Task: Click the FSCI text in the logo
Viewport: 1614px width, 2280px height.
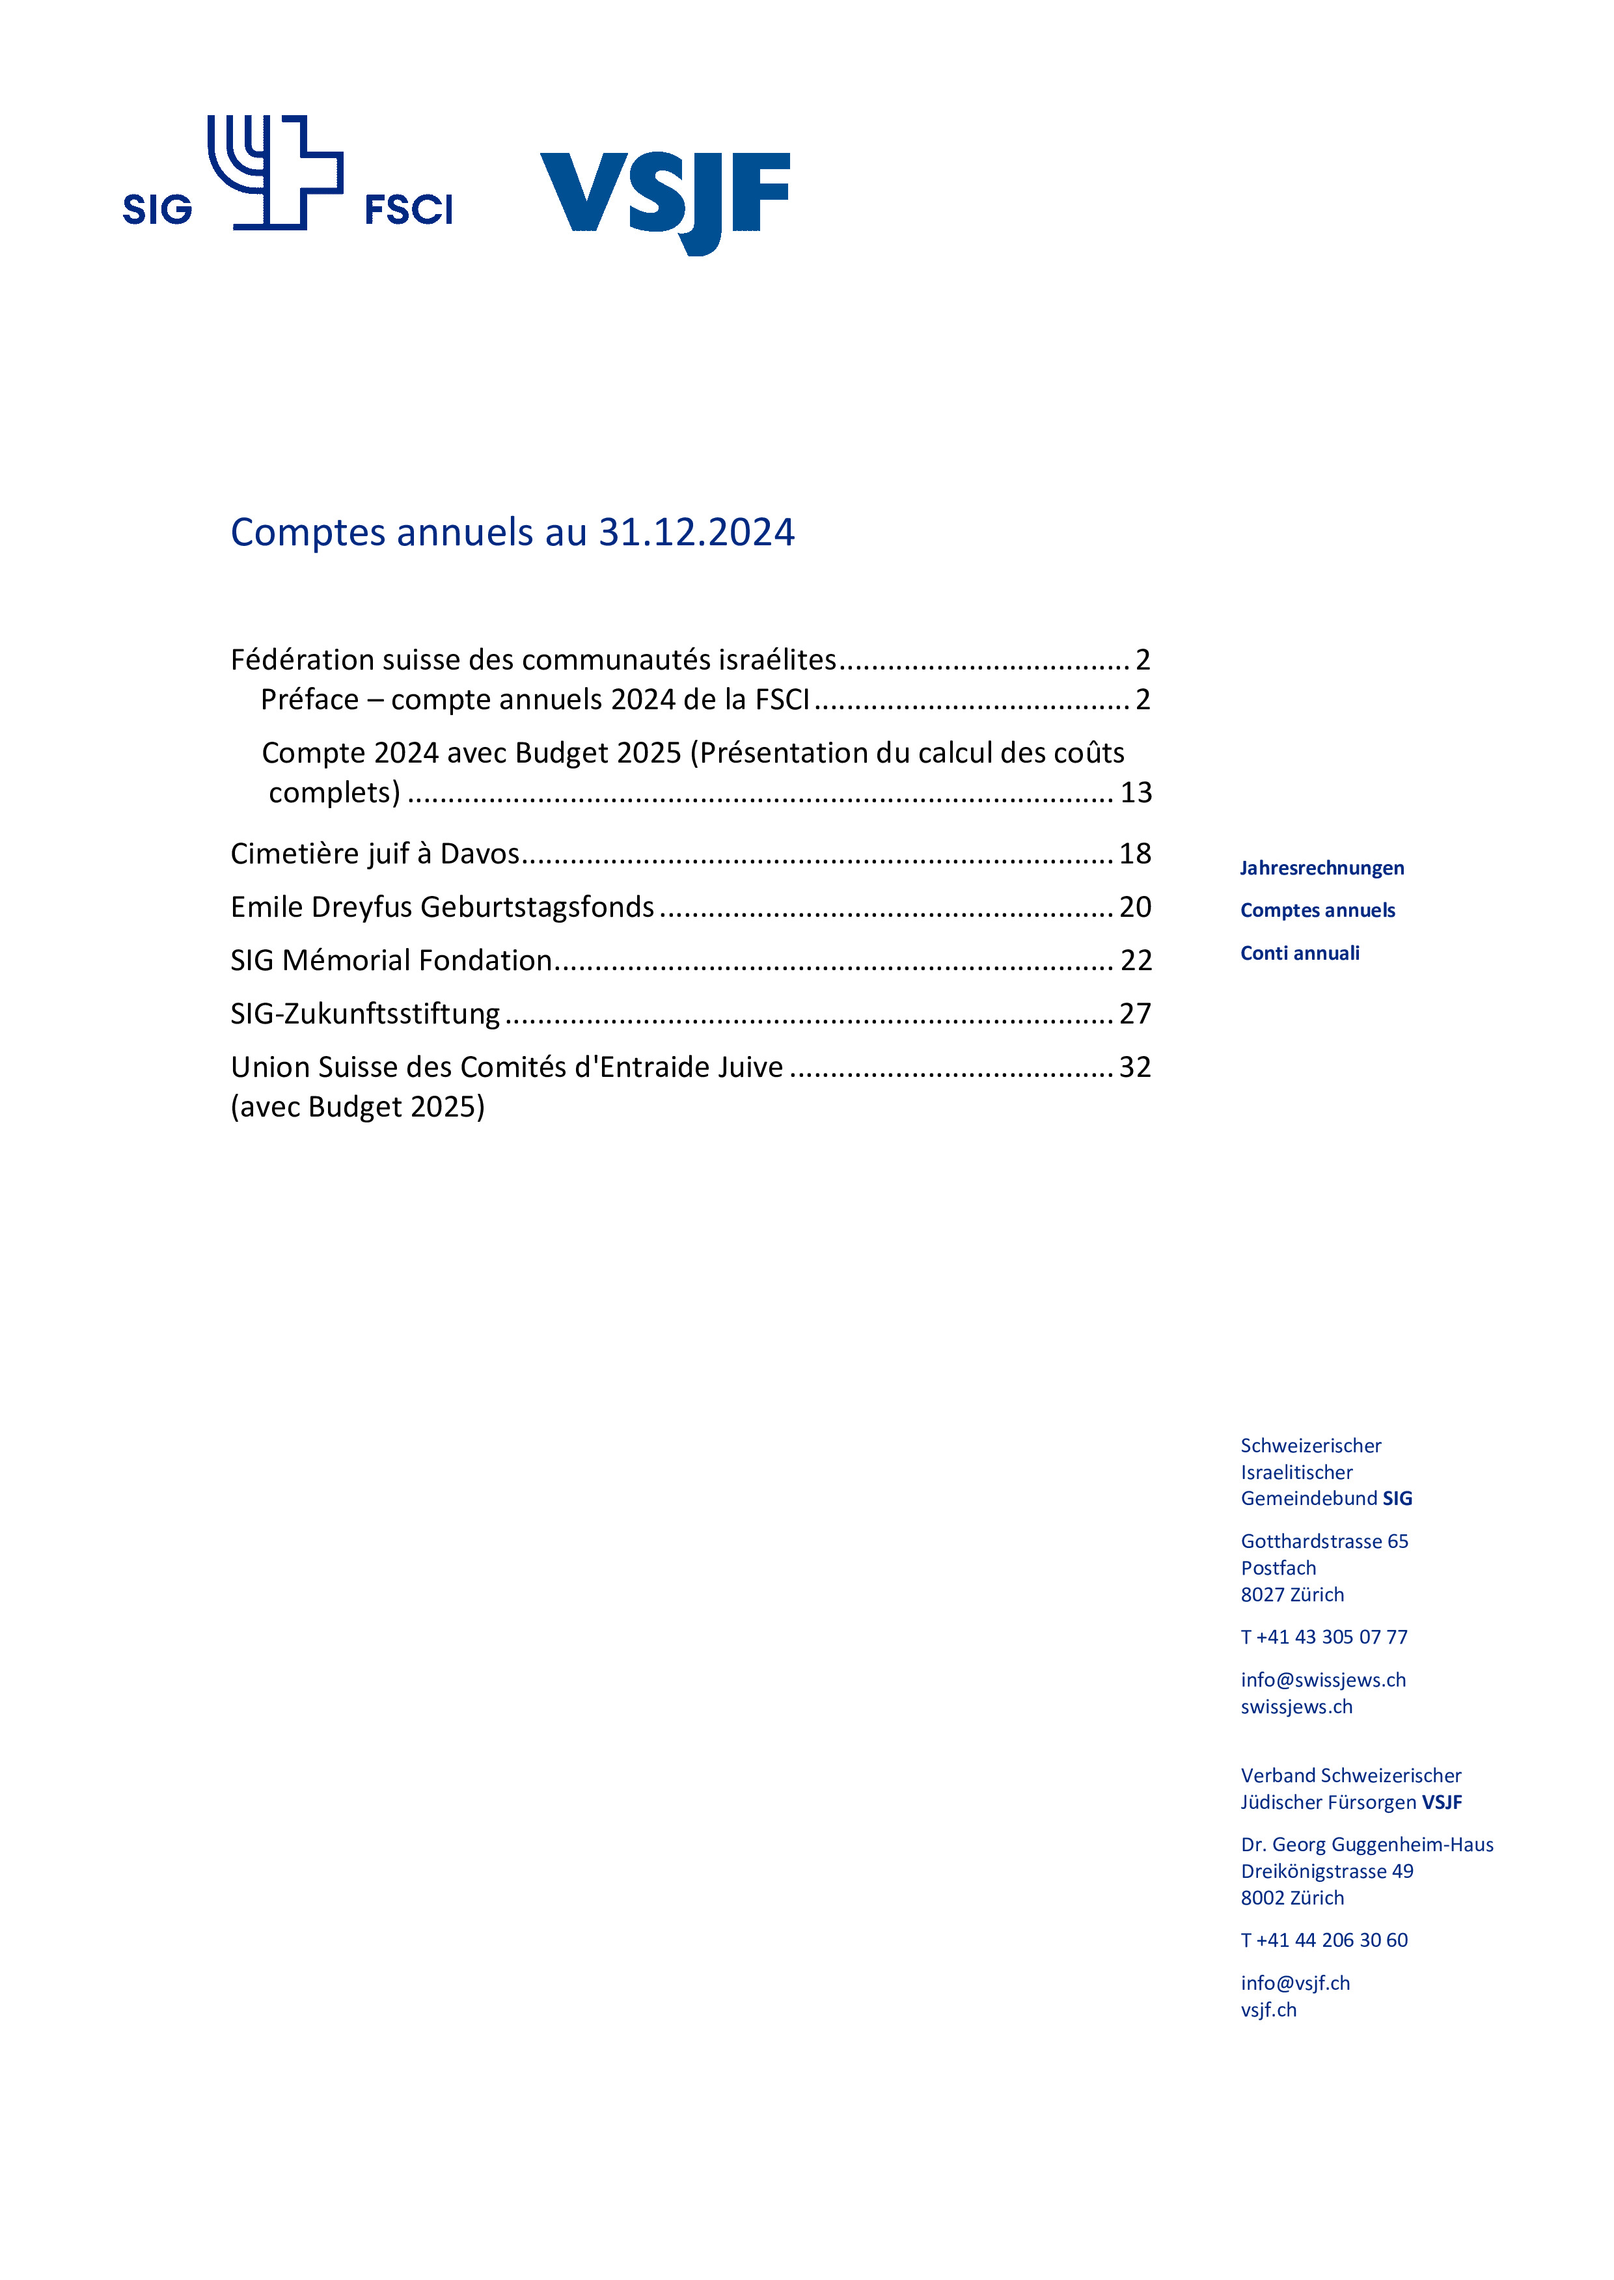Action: [409, 210]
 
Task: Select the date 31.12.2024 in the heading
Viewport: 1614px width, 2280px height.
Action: [696, 532]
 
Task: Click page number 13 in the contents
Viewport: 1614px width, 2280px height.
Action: [1135, 793]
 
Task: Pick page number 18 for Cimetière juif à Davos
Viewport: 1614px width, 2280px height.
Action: [1135, 854]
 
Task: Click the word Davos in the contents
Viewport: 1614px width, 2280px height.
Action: [480, 854]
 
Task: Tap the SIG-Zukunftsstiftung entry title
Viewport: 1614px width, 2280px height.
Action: [364, 1013]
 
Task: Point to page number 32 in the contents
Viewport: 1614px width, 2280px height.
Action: [1135, 1067]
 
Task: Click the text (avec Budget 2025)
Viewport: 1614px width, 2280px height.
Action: [358, 1107]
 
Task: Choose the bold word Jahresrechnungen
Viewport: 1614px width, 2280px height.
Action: [1322, 868]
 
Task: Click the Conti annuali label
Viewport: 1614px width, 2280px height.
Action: [1299, 954]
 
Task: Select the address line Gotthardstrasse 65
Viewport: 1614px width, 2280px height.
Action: [1324, 1541]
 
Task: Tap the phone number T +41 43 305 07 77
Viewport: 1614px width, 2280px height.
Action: [1324, 1636]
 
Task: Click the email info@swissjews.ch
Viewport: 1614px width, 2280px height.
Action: [1323, 1680]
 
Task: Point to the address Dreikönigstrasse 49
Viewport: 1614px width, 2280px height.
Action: [1327, 1871]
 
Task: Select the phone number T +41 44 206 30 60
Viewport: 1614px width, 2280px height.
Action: [1324, 1939]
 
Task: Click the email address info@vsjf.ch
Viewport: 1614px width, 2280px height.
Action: [1295, 1983]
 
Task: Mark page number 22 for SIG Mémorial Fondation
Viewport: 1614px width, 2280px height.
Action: [1136, 960]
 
